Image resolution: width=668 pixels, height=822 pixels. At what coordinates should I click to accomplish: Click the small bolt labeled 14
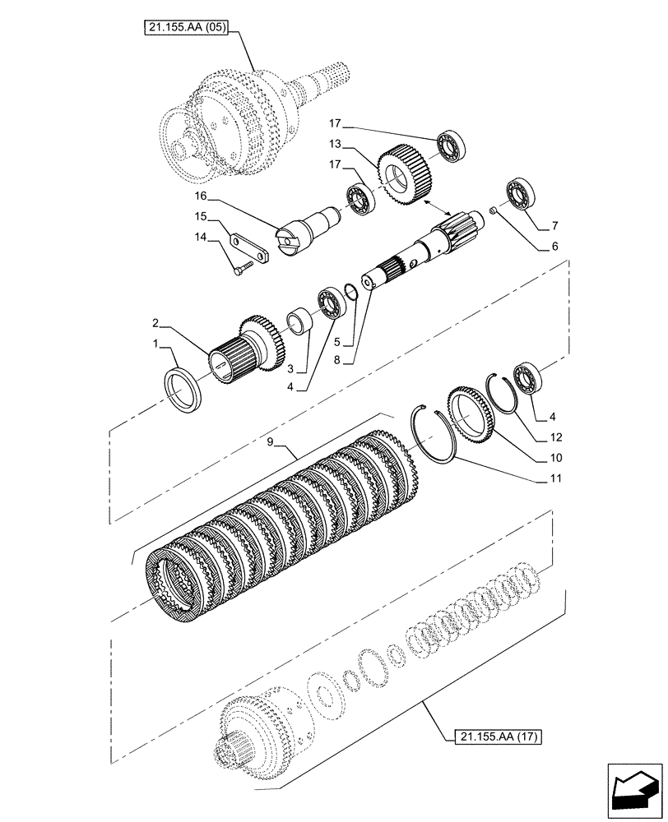click(239, 269)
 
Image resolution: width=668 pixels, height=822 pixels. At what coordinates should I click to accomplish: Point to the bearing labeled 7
click(520, 192)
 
